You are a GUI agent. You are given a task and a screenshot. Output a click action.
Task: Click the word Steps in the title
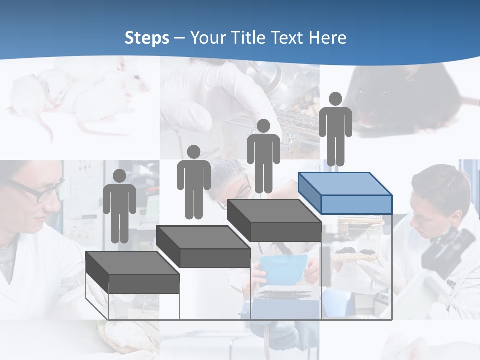click(x=147, y=38)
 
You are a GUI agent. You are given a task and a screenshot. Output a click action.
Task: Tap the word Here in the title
click(x=327, y=38)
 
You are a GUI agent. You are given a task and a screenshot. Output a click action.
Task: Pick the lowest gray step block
click(x=132, y=272)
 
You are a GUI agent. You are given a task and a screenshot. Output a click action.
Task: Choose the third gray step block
click(x=274, y=220)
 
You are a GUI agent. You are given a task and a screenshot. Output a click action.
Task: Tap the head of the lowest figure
click(x=119, y=176)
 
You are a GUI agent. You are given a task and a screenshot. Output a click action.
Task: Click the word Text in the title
click(x=288, y=38)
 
